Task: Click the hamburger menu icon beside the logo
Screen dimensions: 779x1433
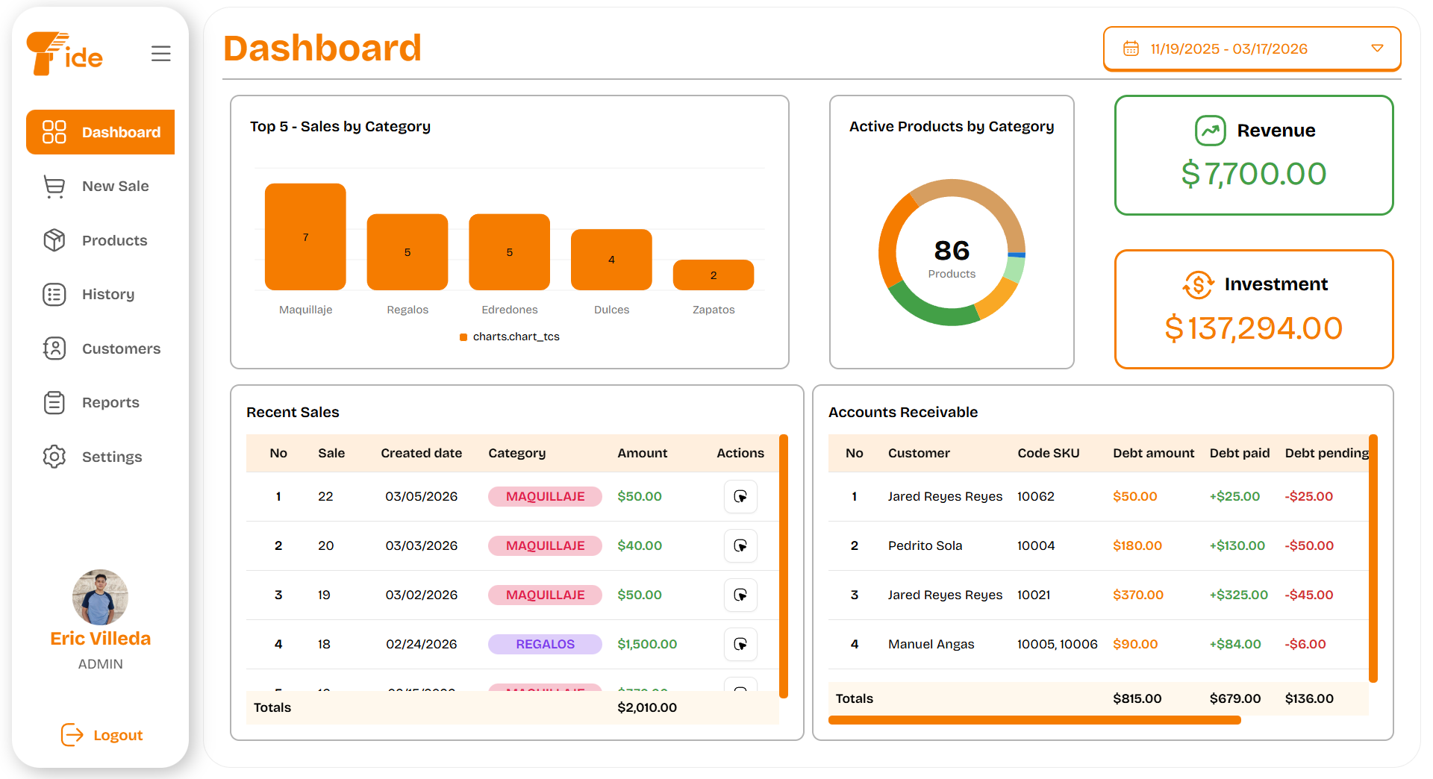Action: point(160,54)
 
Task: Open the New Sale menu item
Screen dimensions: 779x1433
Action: point(115,186)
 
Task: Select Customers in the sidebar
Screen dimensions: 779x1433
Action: point(120,348)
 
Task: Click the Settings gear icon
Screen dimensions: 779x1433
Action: point(54,457)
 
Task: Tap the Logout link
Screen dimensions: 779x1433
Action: point(117,735)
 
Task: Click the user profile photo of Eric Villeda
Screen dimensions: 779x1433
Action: point(100,597)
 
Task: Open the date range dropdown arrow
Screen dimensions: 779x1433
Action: point(1377,49)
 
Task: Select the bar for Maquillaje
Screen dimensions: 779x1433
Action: point(305,237)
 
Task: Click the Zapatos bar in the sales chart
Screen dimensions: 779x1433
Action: point(713,275)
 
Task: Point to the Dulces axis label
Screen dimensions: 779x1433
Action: point(611,310)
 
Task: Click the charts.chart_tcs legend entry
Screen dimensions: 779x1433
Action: point(515,337)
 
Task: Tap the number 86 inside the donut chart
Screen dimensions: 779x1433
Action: point(952,250)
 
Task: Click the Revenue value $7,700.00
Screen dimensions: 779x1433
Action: point(1253,174)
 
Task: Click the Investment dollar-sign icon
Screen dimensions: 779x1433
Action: point(1198,284)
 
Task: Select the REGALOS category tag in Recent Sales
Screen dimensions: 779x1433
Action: point(545,644)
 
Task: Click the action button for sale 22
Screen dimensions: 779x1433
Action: point(740,496)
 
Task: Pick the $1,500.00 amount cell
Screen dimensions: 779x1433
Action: point(646,644)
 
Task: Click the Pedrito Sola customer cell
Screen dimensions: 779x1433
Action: point(925,545)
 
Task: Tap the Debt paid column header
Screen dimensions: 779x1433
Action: point(1239,453)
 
